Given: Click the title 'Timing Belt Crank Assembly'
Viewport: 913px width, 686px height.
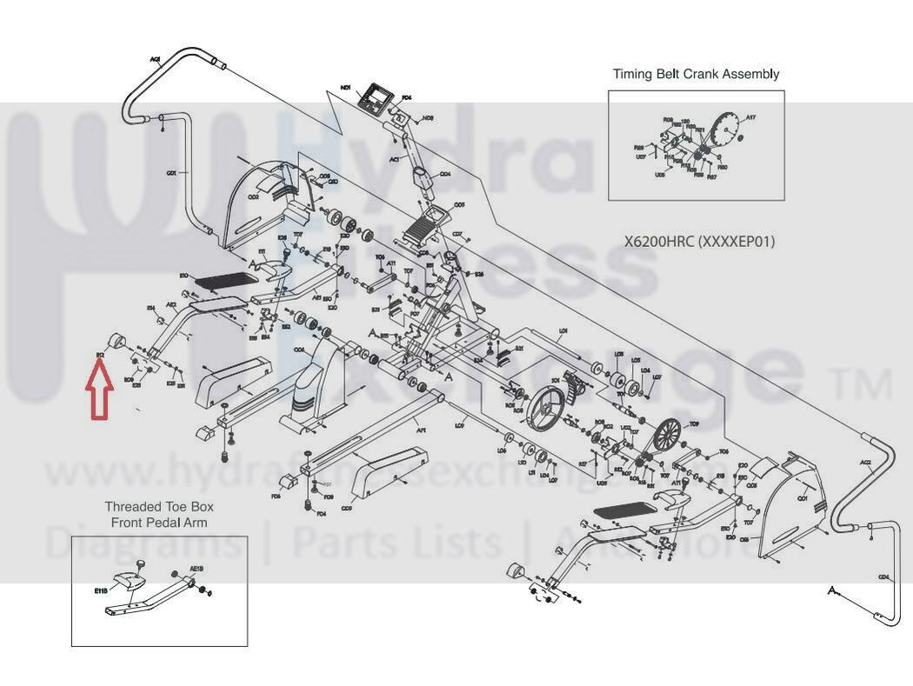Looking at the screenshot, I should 696,74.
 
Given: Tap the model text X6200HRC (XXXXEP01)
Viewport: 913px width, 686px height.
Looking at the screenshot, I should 699,241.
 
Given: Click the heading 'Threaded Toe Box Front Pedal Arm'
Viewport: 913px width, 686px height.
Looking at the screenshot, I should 159,514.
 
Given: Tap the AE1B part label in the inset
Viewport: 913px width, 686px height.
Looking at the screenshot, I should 197,569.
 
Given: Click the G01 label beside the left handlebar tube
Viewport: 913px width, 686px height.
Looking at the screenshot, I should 171,173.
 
